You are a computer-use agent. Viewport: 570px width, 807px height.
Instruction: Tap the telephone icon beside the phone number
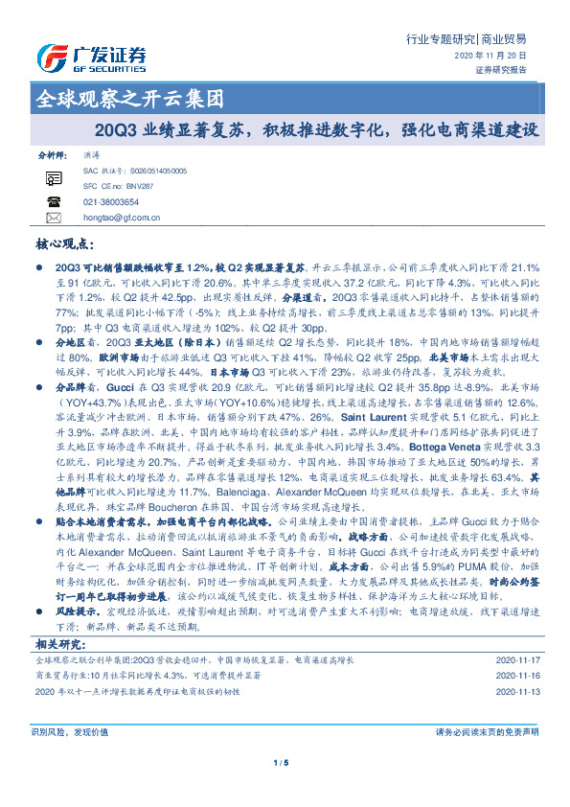point(54,201)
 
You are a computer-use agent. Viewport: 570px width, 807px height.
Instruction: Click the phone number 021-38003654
point(111,202)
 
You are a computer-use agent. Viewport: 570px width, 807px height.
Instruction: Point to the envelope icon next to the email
point(54,218)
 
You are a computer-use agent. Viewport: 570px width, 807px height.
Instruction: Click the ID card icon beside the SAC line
point(54,176)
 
